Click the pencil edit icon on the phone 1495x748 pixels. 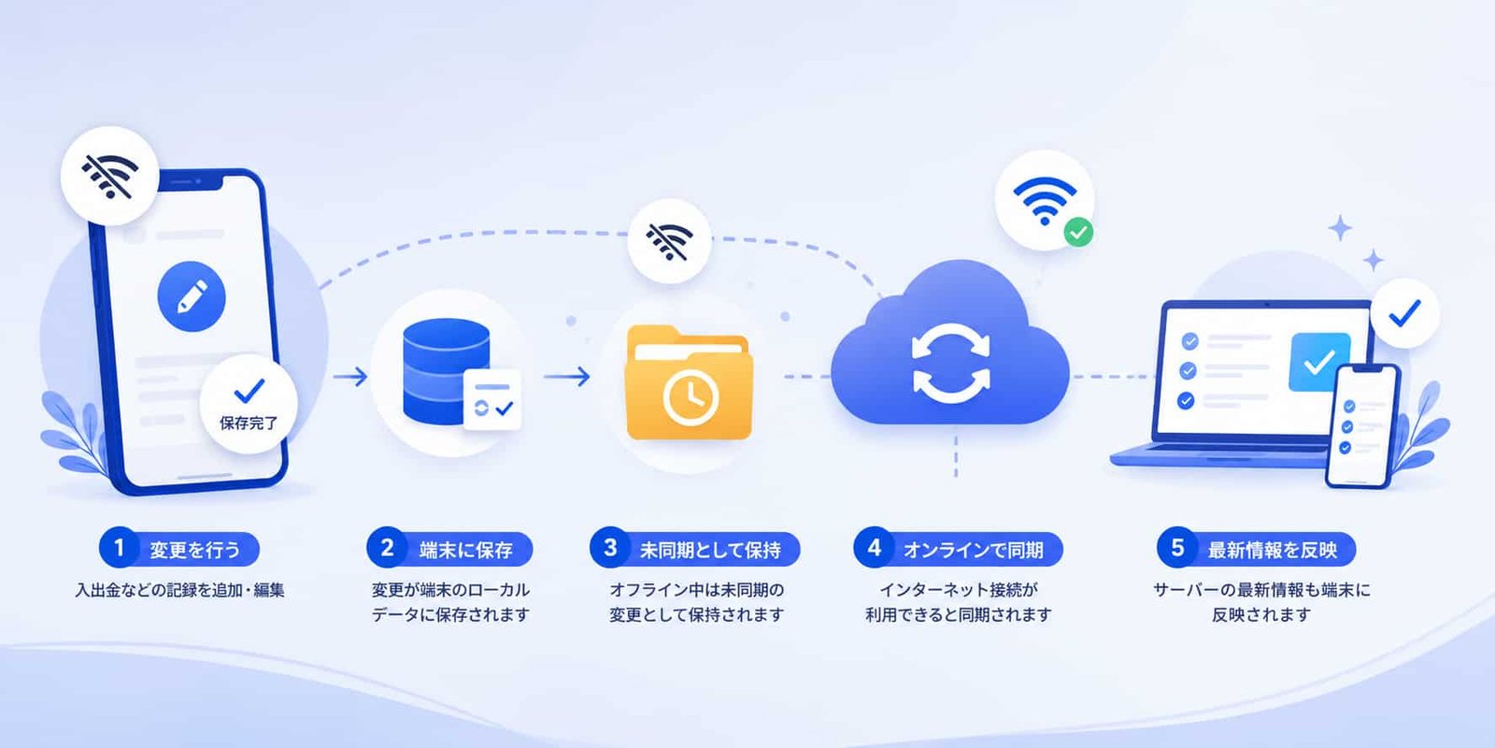[192, 296]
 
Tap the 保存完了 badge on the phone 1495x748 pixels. [249, 404]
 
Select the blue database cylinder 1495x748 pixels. [446, 370]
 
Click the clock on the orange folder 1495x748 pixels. [691, 396]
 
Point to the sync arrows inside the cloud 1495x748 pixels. [951, 364]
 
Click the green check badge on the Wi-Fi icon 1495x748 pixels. [1078, 233]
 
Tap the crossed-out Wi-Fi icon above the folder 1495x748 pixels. [669, 241]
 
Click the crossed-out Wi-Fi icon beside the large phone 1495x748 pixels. [110, 176]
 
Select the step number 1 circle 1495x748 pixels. [119, 549]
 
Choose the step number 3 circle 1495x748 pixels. [609, 549]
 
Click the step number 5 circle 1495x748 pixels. [1176, 549]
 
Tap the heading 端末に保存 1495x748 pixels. [466, 551]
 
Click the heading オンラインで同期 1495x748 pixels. [973, 551]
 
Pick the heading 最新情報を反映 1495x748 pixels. [1273, 551]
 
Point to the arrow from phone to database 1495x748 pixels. [350, 377]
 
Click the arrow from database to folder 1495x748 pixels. [567, 377]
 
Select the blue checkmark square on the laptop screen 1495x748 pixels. [1319, 361]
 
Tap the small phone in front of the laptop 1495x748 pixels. [1361, 426]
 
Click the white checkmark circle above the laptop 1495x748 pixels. [1405, 313]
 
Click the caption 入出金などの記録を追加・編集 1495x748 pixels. [179, 590]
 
